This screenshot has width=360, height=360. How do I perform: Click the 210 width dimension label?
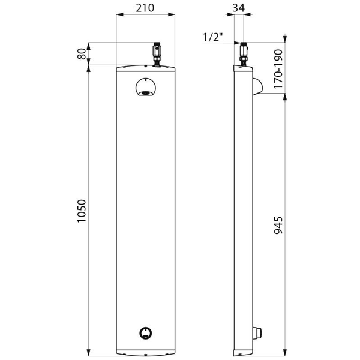point(145,8)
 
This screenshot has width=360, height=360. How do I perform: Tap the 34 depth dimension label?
point(239,8)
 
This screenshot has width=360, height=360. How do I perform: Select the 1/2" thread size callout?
point(212,37)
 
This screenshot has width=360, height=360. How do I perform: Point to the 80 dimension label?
point(82,54)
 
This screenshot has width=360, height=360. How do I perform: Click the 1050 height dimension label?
point(82,211)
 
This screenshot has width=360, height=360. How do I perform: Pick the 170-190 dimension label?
point(278,69)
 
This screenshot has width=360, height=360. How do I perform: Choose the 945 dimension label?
point(278,225)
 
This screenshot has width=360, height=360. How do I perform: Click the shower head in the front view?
point(146,87)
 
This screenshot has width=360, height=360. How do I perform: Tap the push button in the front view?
point(146,333)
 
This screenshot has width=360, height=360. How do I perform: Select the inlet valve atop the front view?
point(157,55)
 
